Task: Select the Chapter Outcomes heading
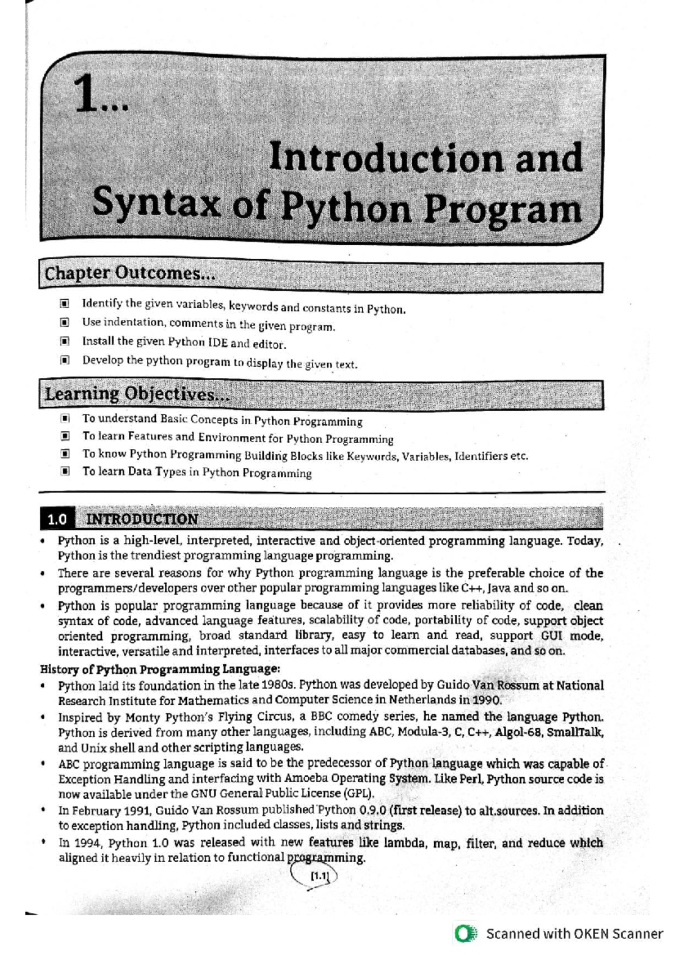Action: (x=130, y=274)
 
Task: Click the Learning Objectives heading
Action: (x=137, y=394)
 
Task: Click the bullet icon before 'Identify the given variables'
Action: (x=65, y=304)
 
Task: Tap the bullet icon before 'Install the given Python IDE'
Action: (x=65, y=341)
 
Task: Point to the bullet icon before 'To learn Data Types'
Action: (x=65, y=471)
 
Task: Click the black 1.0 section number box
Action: (x=57, y=519)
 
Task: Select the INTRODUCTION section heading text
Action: (x=141, y=519)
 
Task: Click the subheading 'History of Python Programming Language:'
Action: (x=160, y=669)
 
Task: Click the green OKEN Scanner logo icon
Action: (x=466, y=934)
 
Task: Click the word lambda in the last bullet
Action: (x=403, y=843)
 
